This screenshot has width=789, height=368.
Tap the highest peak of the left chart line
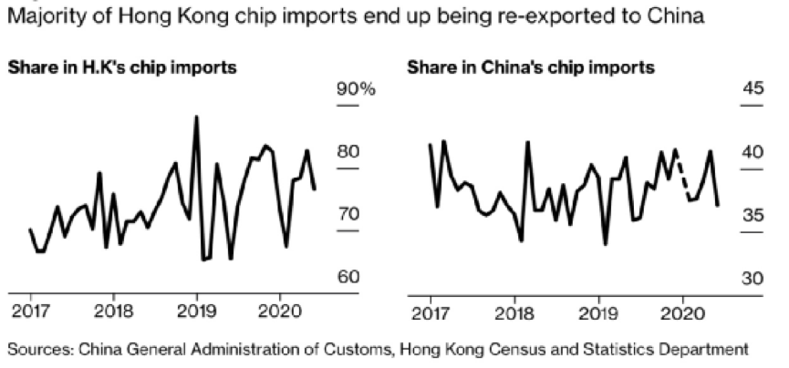[196, 118]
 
